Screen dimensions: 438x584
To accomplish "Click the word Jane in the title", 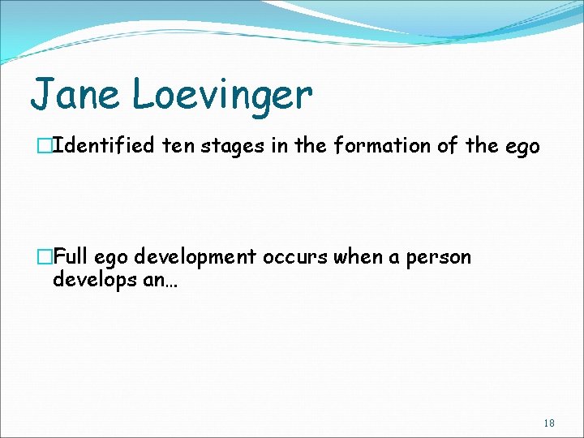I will [x=75, y=94].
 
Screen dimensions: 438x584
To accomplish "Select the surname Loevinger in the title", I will [x=221, y=96].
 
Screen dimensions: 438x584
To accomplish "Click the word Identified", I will [x=108, y=146].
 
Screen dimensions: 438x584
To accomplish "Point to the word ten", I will [x=178, y=146].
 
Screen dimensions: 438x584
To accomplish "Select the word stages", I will [x=229, y=147].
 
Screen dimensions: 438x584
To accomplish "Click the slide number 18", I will [x=549, y=423].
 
